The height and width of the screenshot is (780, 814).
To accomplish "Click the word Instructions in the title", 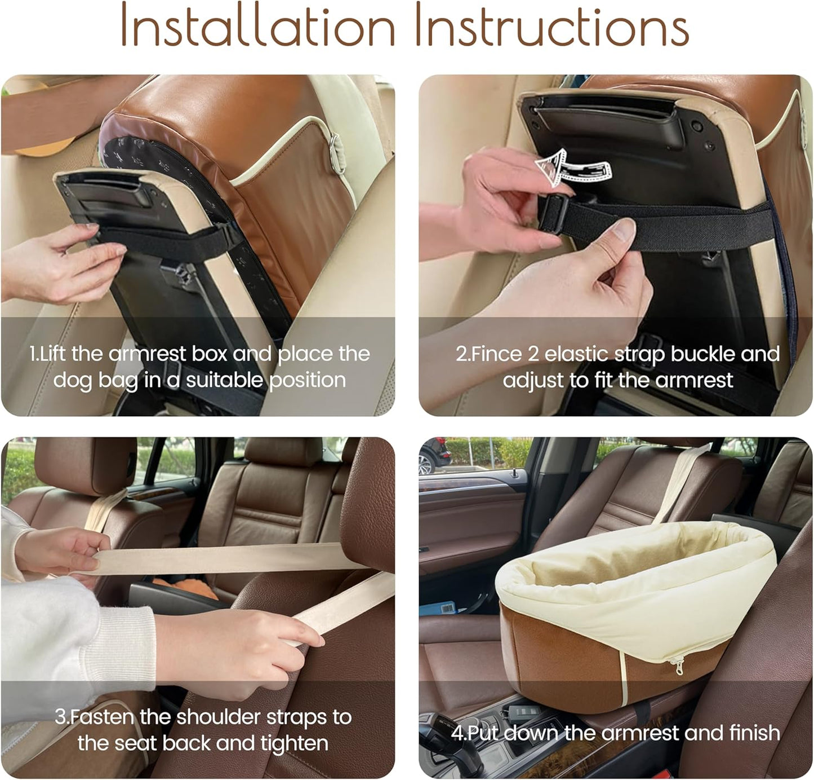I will click(x=552, y=27).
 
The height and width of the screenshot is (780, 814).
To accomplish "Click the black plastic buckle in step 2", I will click(x=553, y=214).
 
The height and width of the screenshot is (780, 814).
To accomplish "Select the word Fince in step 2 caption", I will click(x=496, y=354).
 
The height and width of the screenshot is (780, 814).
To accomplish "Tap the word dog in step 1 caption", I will click(x=72, y=380).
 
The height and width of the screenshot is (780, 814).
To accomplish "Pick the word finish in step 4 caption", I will click(x=754, y=733).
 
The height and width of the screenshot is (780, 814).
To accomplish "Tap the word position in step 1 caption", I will click(x=307, y=380).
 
